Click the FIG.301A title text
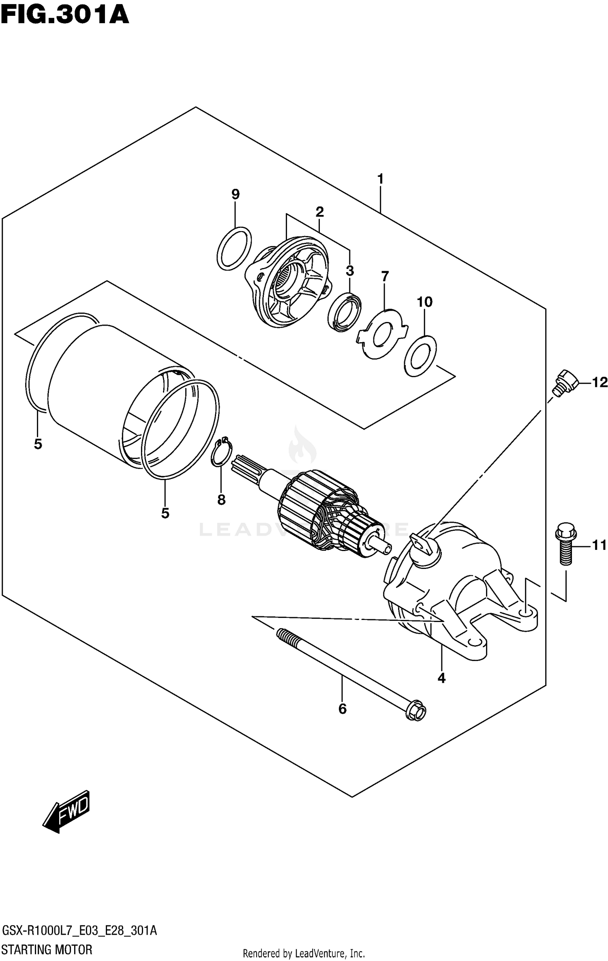point(65,16)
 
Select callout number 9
point(235,194)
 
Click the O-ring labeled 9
point(233,248)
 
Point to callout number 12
point(600,382)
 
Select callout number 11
point(599,545)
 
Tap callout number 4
point(441,677)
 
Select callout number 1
point(380,179)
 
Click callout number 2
point(319,211)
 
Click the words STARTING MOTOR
point(47,949)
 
